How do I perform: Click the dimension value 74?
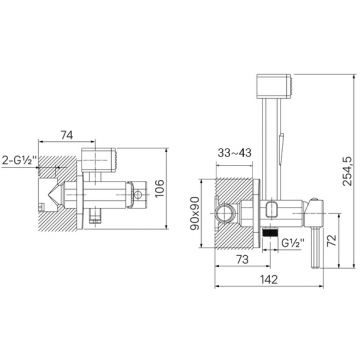click(67, 135)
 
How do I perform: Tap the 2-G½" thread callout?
click(19, 160)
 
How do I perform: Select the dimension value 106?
click(160, 188)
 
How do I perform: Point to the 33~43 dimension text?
click(235, 153)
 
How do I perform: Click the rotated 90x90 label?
click(194, 213)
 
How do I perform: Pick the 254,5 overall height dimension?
click(347, 171)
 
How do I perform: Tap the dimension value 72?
click(332, 240)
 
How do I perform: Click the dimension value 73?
click(242, 259)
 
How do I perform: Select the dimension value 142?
click(269, 279)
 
